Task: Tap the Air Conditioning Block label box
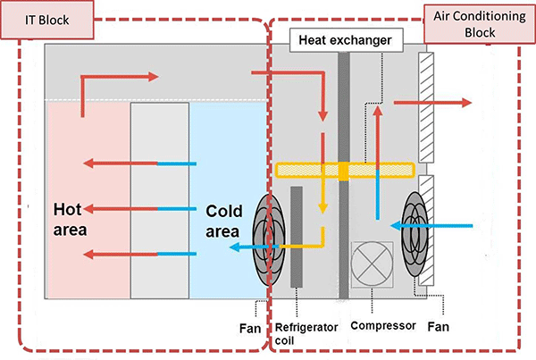[x=473, y=25]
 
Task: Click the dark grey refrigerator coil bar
[x=296, y=236]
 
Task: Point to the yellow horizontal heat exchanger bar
[x=344, y=169]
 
